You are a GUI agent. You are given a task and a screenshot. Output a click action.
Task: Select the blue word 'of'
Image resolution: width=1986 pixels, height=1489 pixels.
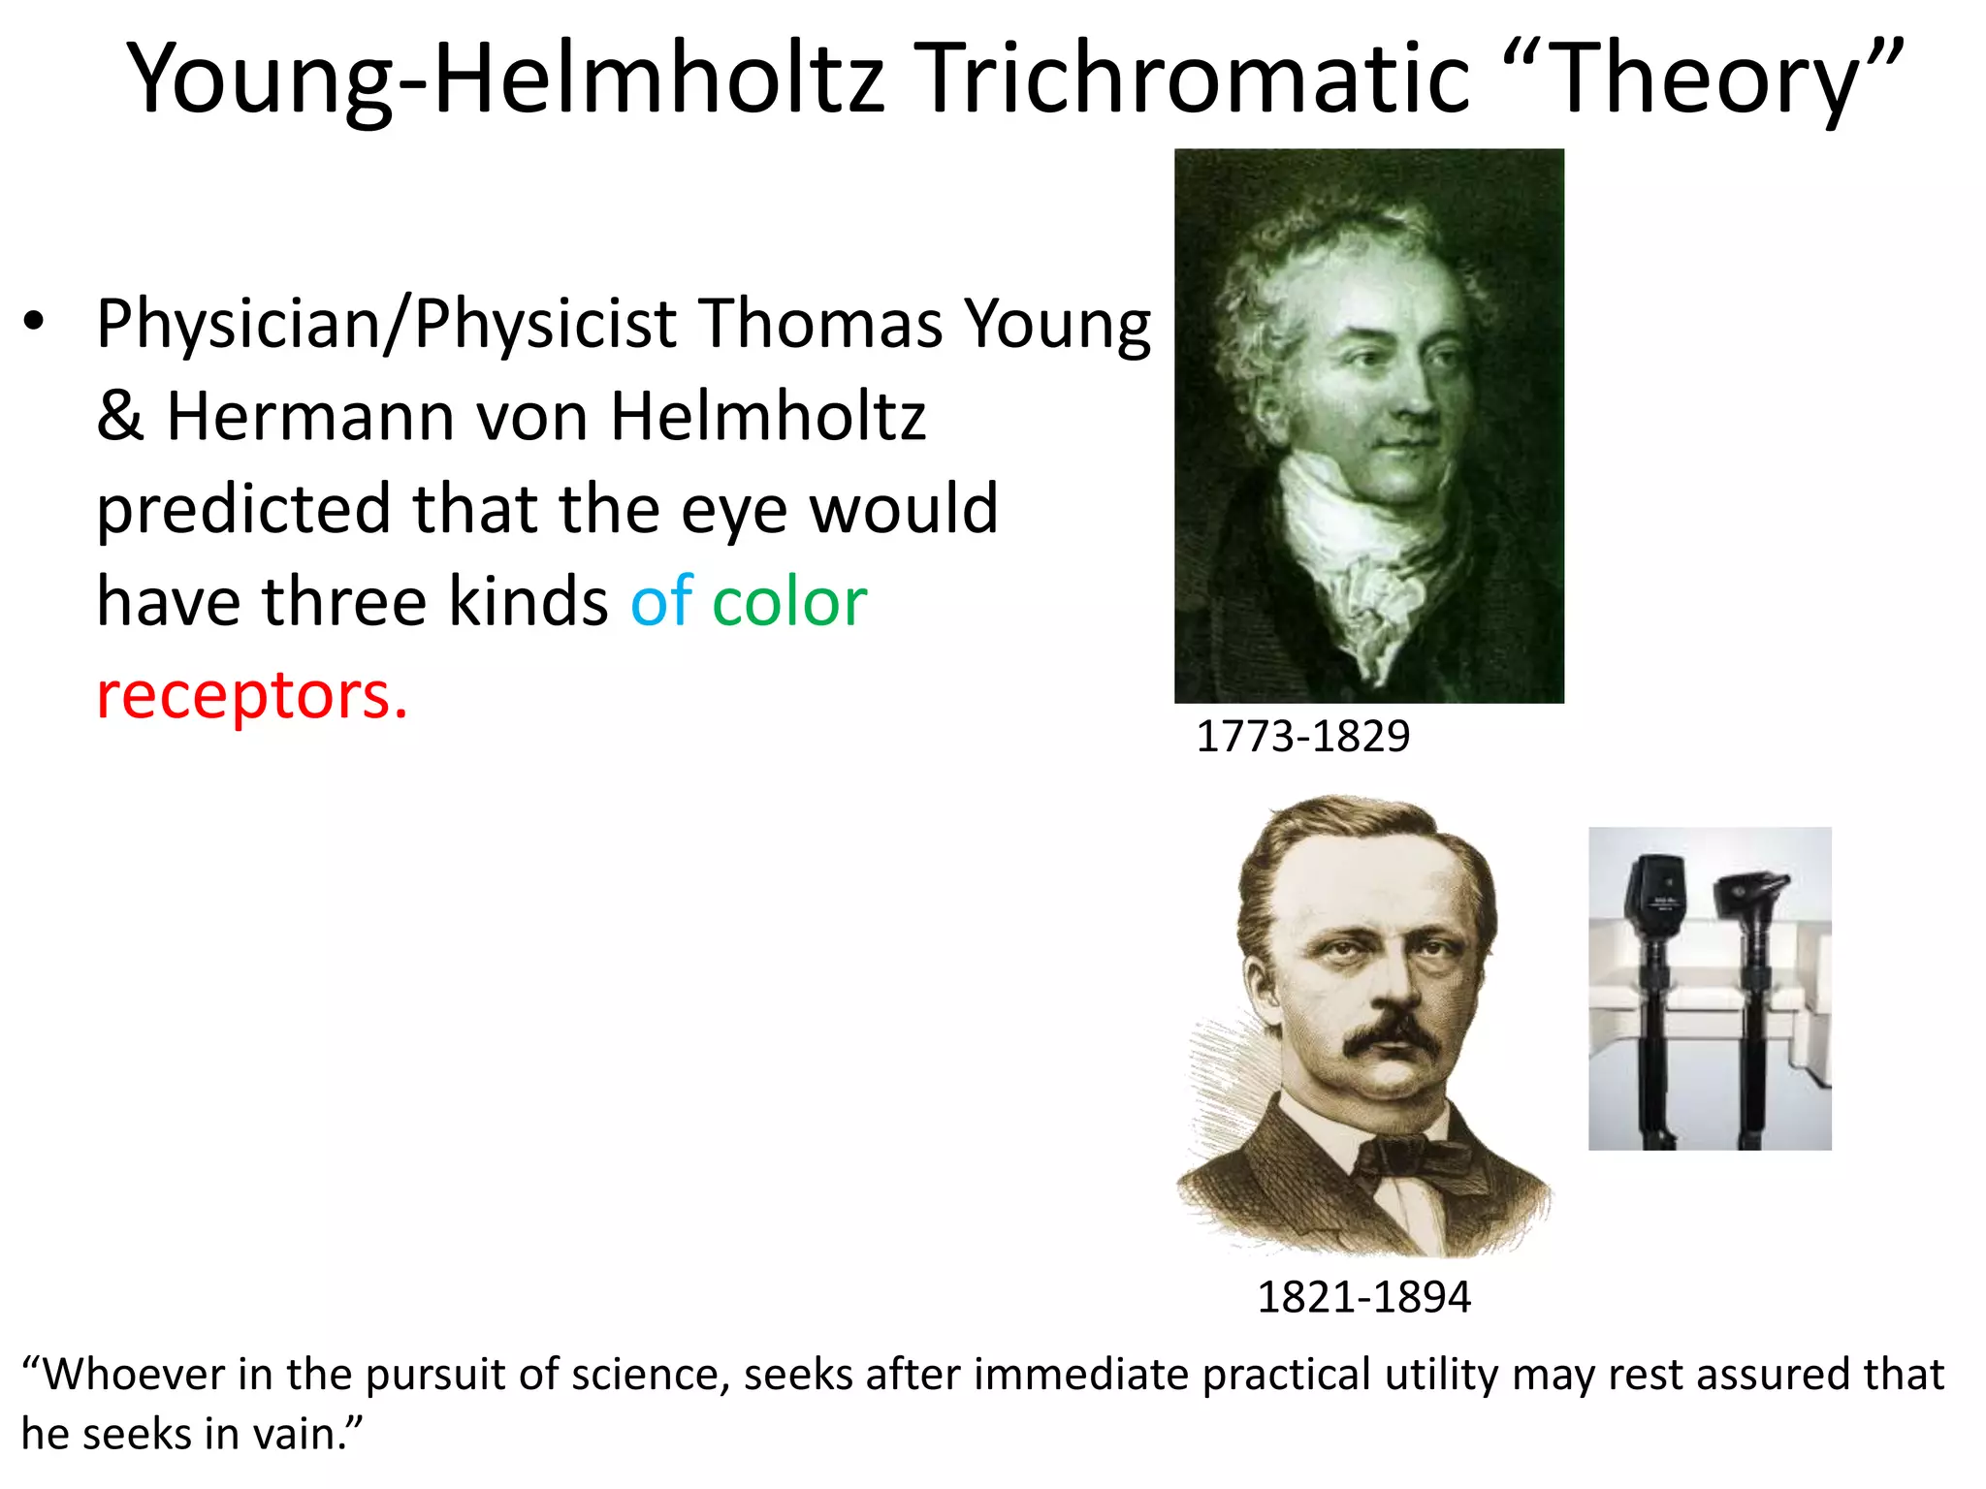[661, 602]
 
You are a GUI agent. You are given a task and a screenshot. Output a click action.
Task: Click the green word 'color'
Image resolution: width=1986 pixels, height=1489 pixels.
[789, 602]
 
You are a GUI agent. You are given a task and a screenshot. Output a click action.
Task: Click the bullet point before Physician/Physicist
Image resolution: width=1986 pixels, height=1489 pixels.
[35, 324]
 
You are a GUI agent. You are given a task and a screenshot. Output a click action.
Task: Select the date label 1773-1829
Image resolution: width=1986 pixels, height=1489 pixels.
[1302, 737]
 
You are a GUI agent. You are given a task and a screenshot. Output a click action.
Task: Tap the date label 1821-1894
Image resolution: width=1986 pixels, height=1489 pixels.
[1363, 1297]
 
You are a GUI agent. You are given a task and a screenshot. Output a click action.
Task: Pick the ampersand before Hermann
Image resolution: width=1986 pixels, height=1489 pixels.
[120, 417]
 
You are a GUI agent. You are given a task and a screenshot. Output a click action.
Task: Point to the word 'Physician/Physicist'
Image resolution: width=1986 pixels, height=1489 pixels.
[386, 324]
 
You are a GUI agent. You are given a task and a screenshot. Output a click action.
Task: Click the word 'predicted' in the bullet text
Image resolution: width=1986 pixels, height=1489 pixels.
[242, 510]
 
